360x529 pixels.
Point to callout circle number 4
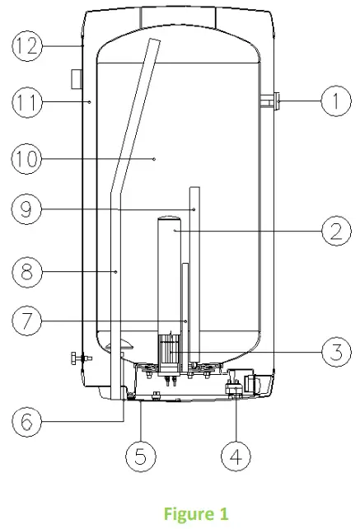click(x=236, y=454)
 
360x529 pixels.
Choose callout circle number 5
click(x=141, y=454)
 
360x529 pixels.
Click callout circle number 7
click(x=27, y=321)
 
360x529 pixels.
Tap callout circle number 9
click(x=27, y=210)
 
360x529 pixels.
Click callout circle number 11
click(x=27, y=102)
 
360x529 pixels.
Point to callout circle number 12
click(x=27, y=46)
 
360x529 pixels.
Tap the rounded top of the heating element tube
click(x=169, y=220)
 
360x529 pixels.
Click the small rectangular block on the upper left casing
click(x=75, y=79)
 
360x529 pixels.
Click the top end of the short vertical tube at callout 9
click(x=195, y=189)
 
